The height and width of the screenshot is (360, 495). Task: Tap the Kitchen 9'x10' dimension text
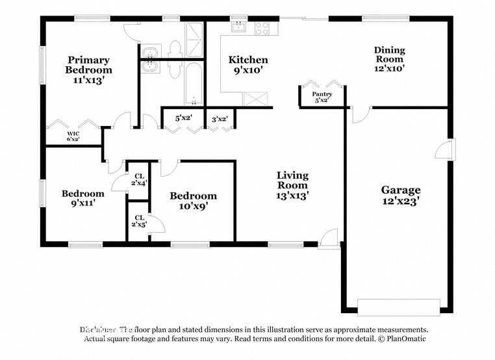247,71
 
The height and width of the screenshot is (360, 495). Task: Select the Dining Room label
389,55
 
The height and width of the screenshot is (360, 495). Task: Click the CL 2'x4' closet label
139,179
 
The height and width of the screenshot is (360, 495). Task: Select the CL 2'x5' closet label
139,221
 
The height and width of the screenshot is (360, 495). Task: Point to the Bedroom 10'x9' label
193,201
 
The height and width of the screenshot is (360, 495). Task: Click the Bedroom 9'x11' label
82,198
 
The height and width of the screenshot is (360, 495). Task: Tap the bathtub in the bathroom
194,83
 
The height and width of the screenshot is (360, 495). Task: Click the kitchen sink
238,27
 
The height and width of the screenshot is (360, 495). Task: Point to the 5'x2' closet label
183,118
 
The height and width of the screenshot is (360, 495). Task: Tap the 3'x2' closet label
220,118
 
